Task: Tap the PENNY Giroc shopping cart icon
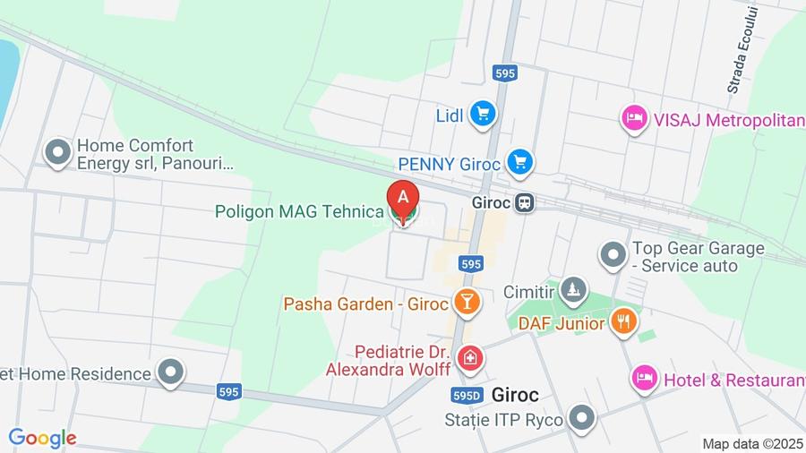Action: click(519, 163)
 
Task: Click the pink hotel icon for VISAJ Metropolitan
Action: click(634, 118)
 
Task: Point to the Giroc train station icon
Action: click(526, 203)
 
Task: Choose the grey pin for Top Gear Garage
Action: click(613, 256)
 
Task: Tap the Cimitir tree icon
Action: click(573, 290)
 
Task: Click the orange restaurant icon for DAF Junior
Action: click(623, 321)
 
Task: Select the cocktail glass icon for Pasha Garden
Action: click(466, 303)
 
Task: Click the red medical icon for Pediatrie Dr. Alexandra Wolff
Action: click(468, 359)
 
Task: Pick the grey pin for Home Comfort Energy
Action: click(58, 152)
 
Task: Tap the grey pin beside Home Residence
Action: click(170, 372)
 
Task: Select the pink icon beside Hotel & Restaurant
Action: click(643, 378)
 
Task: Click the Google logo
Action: click(42, 439)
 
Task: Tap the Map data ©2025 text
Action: click(752, 443)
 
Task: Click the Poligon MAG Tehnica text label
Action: click(299, 211)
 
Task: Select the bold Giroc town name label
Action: click(515, 394)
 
